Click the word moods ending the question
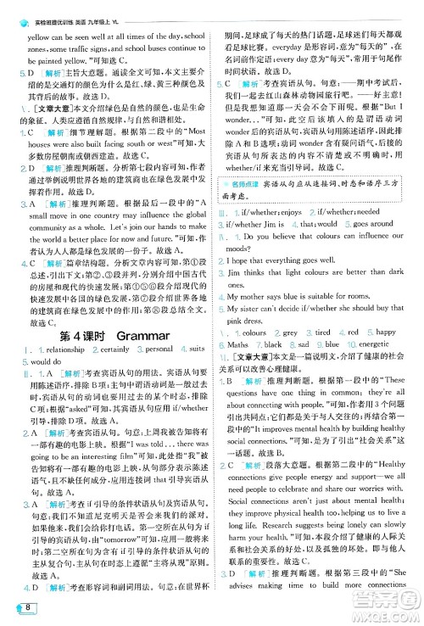click(233, 251)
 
